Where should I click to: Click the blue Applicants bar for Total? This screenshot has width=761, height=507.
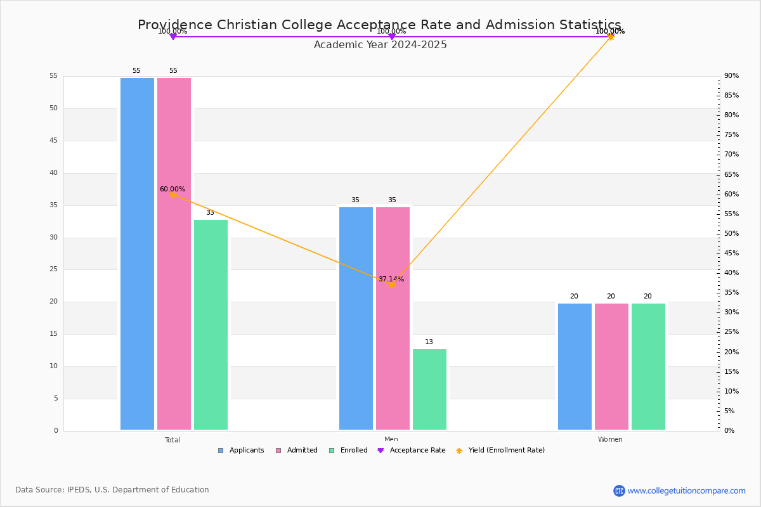click(137, 253)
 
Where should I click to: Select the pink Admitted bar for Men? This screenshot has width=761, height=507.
click(393, 318)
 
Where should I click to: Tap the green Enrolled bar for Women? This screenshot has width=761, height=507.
click(648, 366)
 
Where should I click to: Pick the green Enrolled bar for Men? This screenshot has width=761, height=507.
click(429, 389)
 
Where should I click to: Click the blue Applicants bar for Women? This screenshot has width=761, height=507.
click(575, 366)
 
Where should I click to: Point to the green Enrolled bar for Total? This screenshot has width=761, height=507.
click(211, 324)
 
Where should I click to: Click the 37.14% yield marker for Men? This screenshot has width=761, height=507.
click(392, 285)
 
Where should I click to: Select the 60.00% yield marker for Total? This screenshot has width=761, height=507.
click(173, 195)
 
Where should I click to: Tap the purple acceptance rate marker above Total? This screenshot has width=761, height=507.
click(173, 36)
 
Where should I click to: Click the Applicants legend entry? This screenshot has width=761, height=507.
click(241, 451)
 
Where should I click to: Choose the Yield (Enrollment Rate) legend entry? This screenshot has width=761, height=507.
click(500, 451)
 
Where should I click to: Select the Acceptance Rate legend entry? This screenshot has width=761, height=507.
click(412, 451)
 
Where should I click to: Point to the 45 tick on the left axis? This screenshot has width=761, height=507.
click(54, 140)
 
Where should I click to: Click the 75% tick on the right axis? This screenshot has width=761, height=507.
click(731, 134)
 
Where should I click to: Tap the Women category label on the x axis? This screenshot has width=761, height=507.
click(610, 439)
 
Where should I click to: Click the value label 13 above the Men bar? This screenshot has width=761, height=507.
click(429, 342)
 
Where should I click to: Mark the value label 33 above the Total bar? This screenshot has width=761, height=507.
click(210, 212)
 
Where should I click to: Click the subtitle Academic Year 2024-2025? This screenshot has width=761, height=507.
click(380, 45)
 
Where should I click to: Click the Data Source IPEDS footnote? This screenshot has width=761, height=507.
click(112, 490)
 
